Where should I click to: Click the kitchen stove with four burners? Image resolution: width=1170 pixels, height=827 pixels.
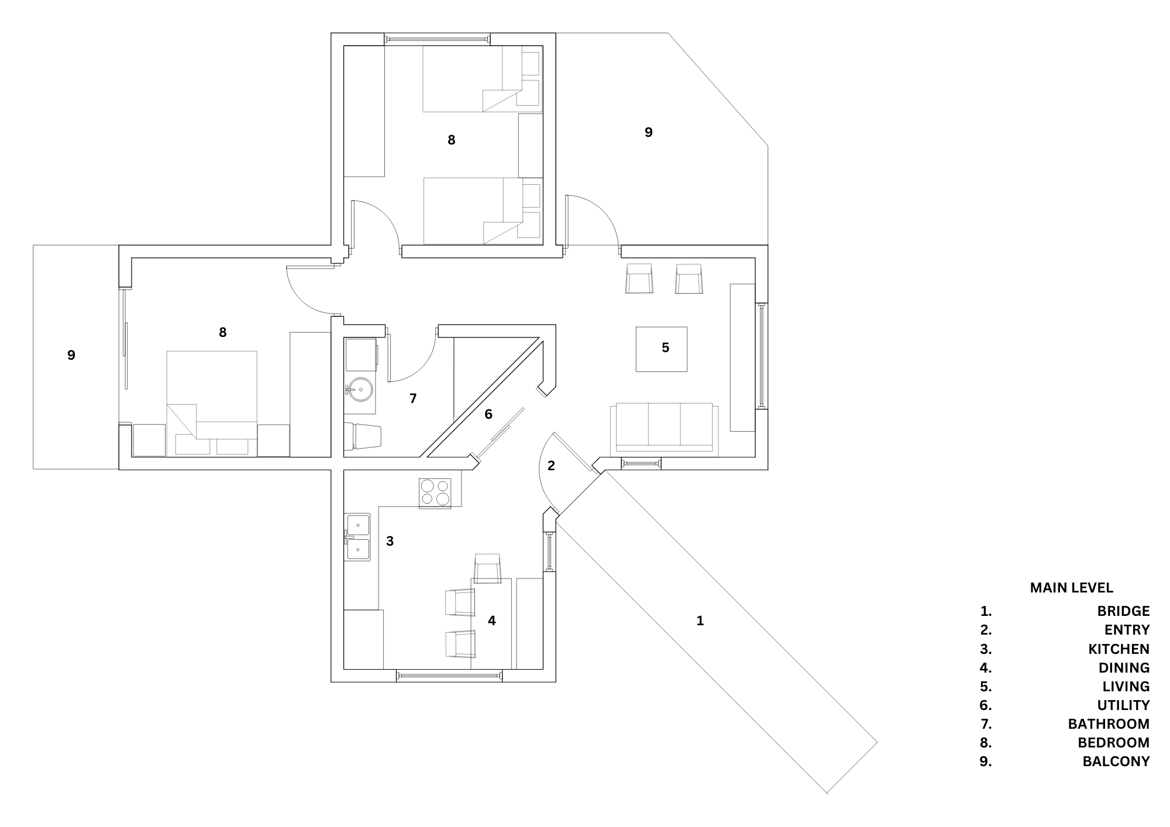tap(435, 492)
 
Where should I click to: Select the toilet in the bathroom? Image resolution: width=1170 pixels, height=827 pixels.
tap(366, 436)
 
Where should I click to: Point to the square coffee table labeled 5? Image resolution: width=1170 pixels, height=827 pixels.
tap(662, 349)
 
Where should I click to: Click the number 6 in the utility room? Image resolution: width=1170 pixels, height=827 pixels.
tap(488, 414)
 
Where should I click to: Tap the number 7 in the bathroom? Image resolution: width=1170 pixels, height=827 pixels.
tap(413, 398)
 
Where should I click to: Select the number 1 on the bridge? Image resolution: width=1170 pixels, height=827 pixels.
tap(700, 621)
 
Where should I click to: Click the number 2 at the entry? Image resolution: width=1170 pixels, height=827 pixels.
tap(550, 466)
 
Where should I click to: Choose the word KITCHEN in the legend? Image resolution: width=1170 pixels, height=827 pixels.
tap(1119, 649)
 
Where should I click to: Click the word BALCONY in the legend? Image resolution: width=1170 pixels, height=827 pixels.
tap(1116, 761)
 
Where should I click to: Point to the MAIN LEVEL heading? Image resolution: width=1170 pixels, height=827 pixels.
tap(1071, 587)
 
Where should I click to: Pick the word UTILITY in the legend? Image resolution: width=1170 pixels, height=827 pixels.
tap(1123, 705)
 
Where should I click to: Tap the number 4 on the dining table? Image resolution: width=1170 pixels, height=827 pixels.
tap(491, 621)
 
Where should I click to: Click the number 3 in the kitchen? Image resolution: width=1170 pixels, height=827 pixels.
tap(390, 541)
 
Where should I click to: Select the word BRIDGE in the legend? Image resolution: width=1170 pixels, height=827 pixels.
tap(1123, 611)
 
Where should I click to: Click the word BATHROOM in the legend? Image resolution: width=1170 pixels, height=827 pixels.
tap(1109, 723)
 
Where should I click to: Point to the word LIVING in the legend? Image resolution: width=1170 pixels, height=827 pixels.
tap(1126, 686)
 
